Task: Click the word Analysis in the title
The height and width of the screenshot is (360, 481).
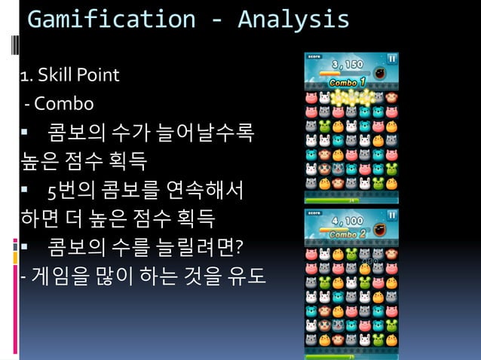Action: (x=293, y=20)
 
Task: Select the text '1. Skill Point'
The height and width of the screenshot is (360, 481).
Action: (x=69, y=75)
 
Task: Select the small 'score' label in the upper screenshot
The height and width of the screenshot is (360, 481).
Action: (x=314, y=56)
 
